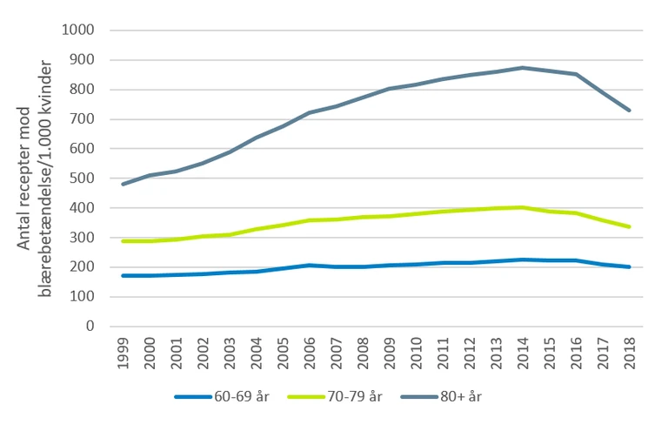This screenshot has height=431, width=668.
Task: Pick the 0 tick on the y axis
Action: [x=90, y=327]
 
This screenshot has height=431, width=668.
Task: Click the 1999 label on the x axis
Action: [x=123, y=350]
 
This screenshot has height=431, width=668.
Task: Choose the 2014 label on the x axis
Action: [x=523, y=350]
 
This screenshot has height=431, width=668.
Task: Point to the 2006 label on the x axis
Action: [x=310, y=350]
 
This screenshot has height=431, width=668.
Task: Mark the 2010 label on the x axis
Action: [x=417, y=350]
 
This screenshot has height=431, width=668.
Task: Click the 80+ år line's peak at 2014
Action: [x=523, y=68]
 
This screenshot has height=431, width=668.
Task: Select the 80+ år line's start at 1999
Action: [x=123, y=184]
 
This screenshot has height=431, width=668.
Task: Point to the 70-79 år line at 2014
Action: [x=523, y=207]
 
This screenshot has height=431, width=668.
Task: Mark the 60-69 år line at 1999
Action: [x=123, y=275]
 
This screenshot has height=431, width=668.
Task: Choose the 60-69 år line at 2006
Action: [x=310, y=265]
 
